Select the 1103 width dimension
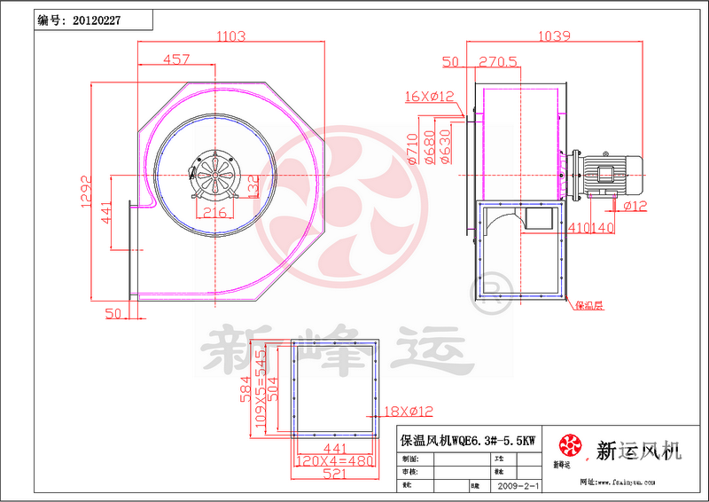[x=230, y=37]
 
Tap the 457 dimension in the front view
[x=177, y=59]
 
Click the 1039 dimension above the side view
[x=551, y=37]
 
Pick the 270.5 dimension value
[x=498, y=62]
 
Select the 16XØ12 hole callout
[x=429, y=96]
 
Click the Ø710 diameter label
[x=412, y=151]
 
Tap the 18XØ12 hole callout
[x=409, y=411]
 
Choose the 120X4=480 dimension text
[x=336, y=462]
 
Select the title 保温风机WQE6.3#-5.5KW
[x=468, y=440]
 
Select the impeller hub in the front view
[x=215, y=172]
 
